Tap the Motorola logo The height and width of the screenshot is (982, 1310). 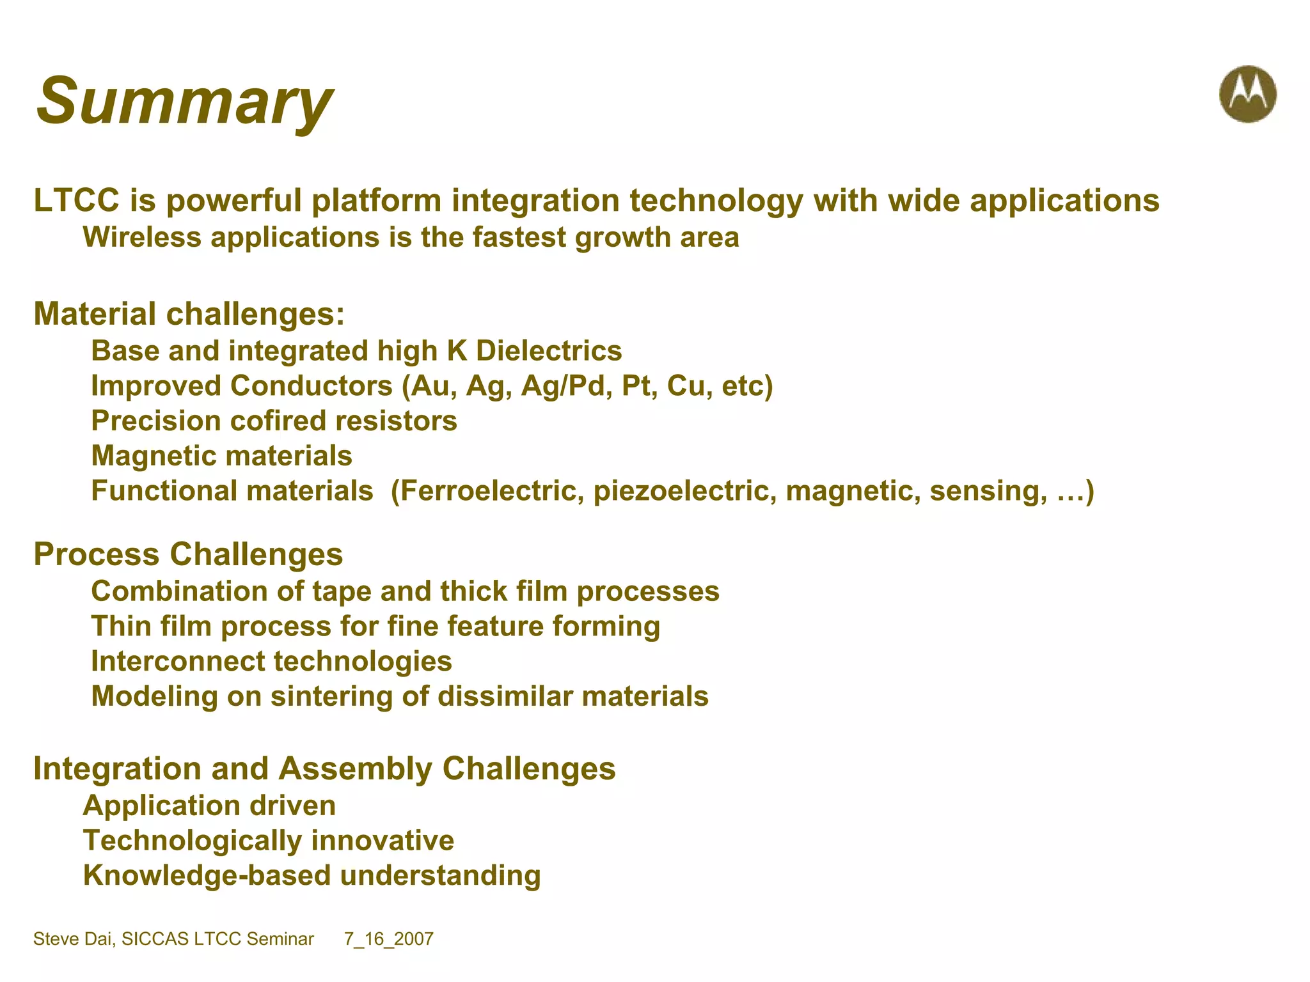[x=1247, y=94]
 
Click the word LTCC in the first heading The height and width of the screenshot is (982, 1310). [x=76, y=200]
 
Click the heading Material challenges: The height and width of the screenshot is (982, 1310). [x=189, y=314]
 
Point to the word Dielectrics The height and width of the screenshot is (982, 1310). [x=549, y=351]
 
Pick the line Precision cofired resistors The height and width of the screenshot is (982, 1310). [x=274, y=421]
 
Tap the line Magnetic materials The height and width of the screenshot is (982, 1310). [x=221, y=456]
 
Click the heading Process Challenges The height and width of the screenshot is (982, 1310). [x=188, y=554]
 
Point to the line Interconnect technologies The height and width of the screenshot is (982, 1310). [x=271, y=661]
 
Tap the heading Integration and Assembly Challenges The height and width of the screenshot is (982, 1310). [x=324, y=768]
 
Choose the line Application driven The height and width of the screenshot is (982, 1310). [x=209, y=806]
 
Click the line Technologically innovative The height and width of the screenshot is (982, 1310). [x=269, y=841]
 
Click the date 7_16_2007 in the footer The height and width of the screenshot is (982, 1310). [x=388, y=939]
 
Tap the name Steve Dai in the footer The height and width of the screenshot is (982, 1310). [x=73, y=939]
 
